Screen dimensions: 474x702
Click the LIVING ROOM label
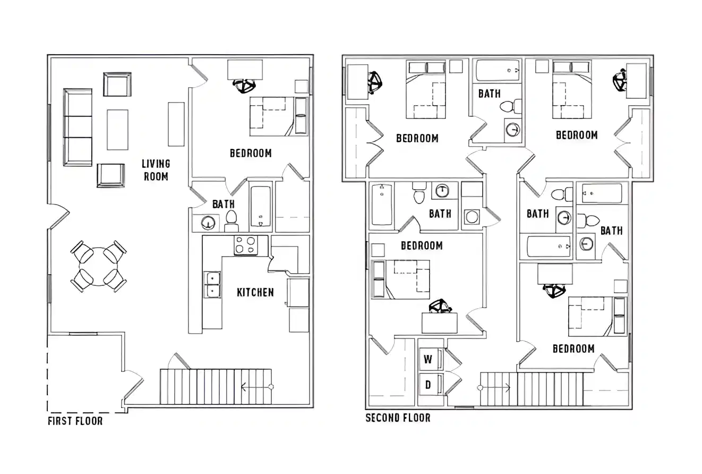[x=156, y=170]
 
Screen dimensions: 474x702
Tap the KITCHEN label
[x=255, y=292]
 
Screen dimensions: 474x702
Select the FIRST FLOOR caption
[x=75, y=421]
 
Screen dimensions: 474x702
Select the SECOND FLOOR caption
[x=398, y=418]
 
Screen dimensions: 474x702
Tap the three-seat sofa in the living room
[x=78, y=127]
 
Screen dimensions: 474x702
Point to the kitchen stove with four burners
[x=245, y=245]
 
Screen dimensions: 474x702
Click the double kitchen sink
[x=213, y=284]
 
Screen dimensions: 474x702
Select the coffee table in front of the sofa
[x=117, y=130]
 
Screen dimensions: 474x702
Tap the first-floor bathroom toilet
[x=232, y=219]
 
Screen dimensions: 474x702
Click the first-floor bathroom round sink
[x=208, y=223]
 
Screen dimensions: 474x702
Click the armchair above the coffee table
[x=117, y=84]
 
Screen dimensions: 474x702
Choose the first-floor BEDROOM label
[x=251, y=153]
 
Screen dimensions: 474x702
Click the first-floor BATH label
[x=223, y=204]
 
